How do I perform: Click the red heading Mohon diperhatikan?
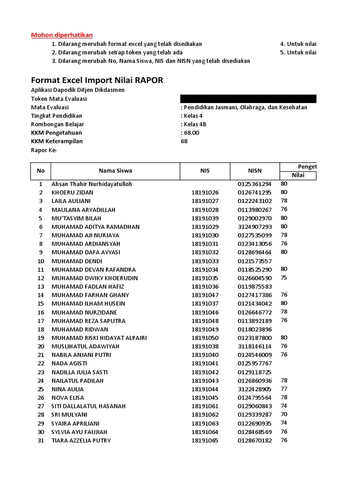tap(62, 35)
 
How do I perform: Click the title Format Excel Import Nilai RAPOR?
tap(97, 80)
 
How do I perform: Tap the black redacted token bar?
tap(248, 98)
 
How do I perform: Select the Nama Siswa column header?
tap(115, 171)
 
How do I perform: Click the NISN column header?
tap(255, 171)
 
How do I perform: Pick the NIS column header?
tap(205, 171)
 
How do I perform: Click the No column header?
tap(40, 171)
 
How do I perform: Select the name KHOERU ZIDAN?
tap(72, 193)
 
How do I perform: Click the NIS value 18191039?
tap(205, 218)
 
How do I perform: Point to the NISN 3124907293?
tap(255, 227)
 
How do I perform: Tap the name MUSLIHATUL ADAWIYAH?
tap(85, 346)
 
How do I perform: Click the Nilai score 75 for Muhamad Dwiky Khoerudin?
tap(284, 277)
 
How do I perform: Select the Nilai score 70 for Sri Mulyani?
tap(284, 414)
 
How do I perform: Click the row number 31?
tap(40, 441)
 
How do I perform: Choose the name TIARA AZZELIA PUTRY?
tap(81, 441)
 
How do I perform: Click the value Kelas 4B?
tap(194, 124)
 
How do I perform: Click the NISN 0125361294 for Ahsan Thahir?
tap(255, 184)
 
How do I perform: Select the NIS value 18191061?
tap(205, 406)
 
